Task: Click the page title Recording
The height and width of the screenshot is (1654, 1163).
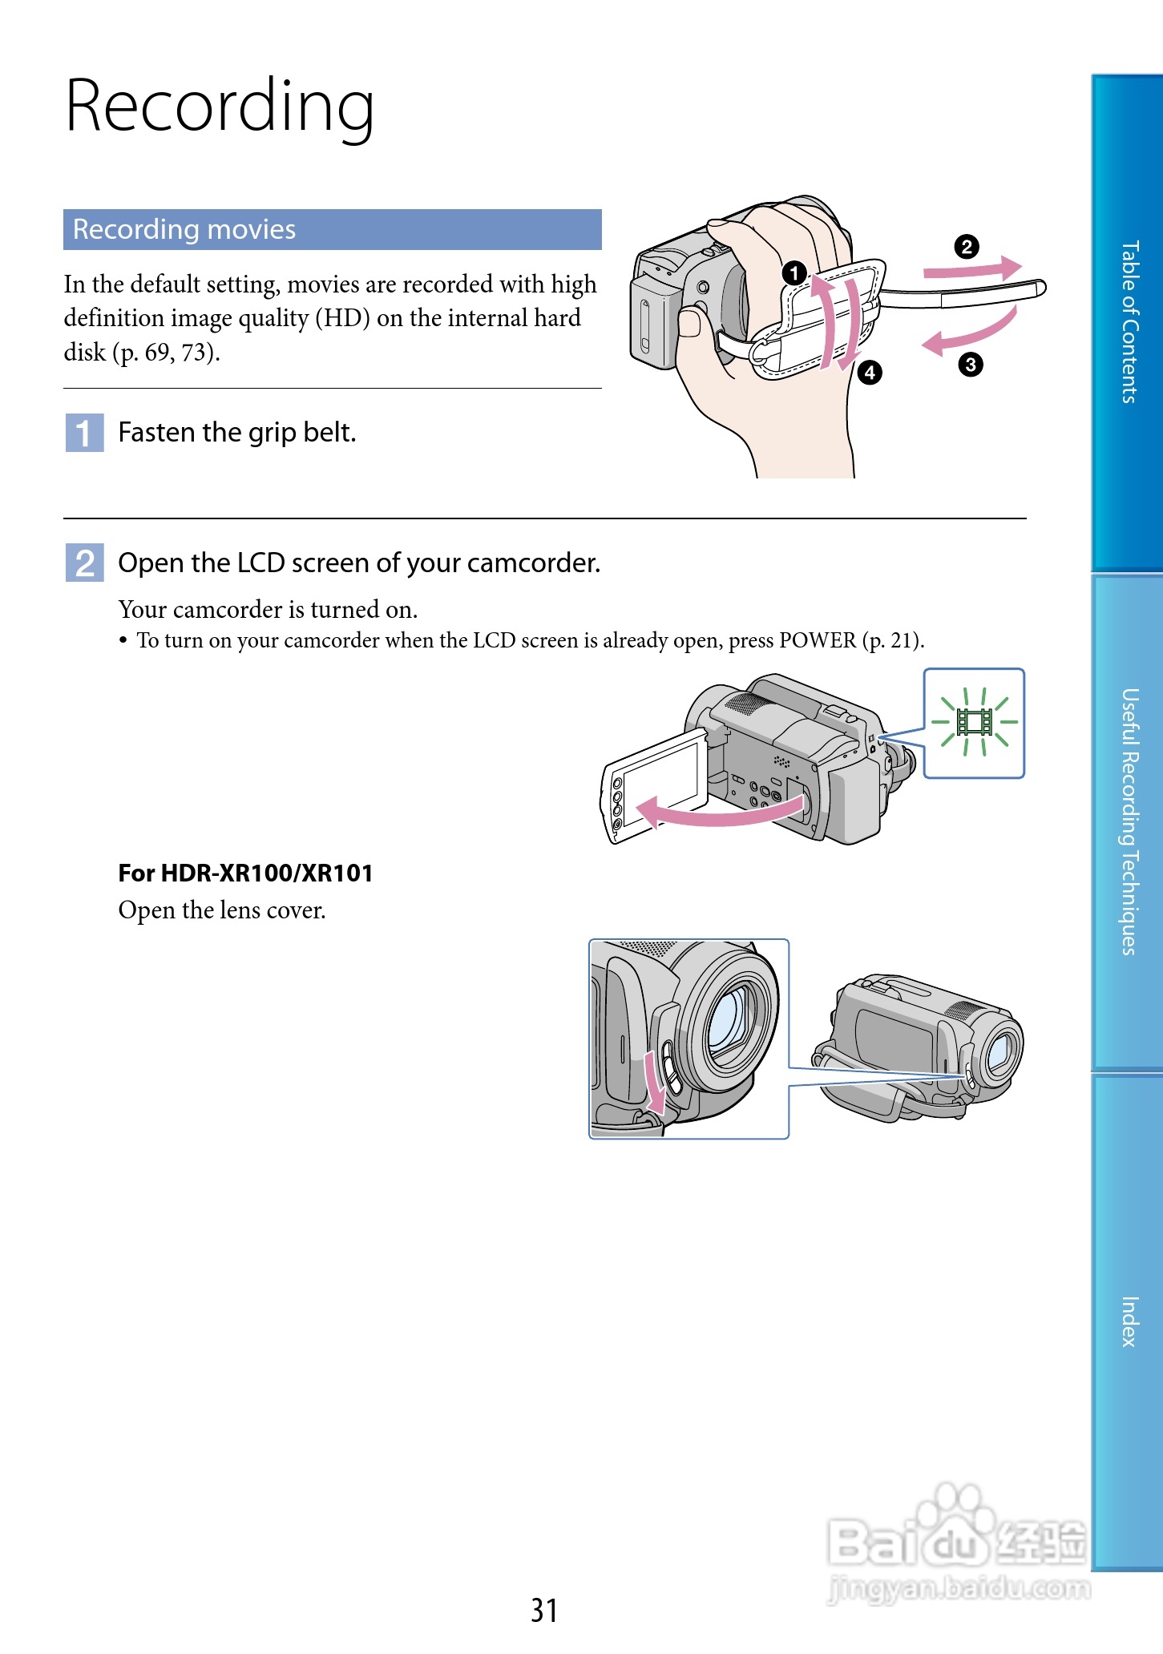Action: coord(220,107)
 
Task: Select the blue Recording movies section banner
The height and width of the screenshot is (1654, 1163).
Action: coord(332,230)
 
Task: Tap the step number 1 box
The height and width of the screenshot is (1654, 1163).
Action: coord(84,433)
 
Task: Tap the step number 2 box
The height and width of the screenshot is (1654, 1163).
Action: coord(84,563)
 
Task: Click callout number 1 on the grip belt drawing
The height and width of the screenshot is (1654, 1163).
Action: coord(794,273)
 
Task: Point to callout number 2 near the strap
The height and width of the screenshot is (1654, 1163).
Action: coord(967,247)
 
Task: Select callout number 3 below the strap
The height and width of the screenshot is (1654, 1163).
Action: coord(970,365)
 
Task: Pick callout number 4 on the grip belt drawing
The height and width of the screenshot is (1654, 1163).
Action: coord(869,373)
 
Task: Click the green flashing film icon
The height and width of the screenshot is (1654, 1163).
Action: coord(975,723)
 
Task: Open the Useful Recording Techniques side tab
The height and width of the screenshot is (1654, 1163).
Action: coord(1129,821)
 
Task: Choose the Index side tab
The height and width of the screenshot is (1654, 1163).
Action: coord(1129,1321)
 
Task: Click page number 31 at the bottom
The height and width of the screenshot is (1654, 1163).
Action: coord(544,1610)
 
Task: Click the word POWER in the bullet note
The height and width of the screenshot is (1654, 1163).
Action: coord(818,640)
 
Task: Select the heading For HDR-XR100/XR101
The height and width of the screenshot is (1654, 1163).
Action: coord(245,873)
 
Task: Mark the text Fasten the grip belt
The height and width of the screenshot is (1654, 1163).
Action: coord(236,433)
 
